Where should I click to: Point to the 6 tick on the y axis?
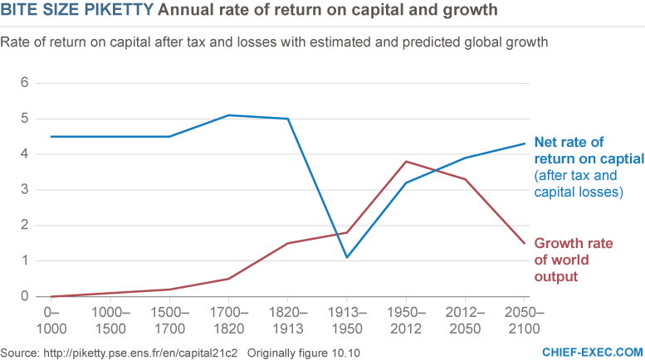point(25,83)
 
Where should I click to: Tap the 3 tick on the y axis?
point(25,190)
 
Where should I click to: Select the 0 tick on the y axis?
point(25,296)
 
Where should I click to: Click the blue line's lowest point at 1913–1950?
point(346,257)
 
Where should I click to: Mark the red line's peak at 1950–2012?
point(405,161)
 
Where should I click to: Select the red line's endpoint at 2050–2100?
point(523,243)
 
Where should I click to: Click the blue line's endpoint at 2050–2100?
point(523,144)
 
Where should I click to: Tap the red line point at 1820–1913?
point(287,243)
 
